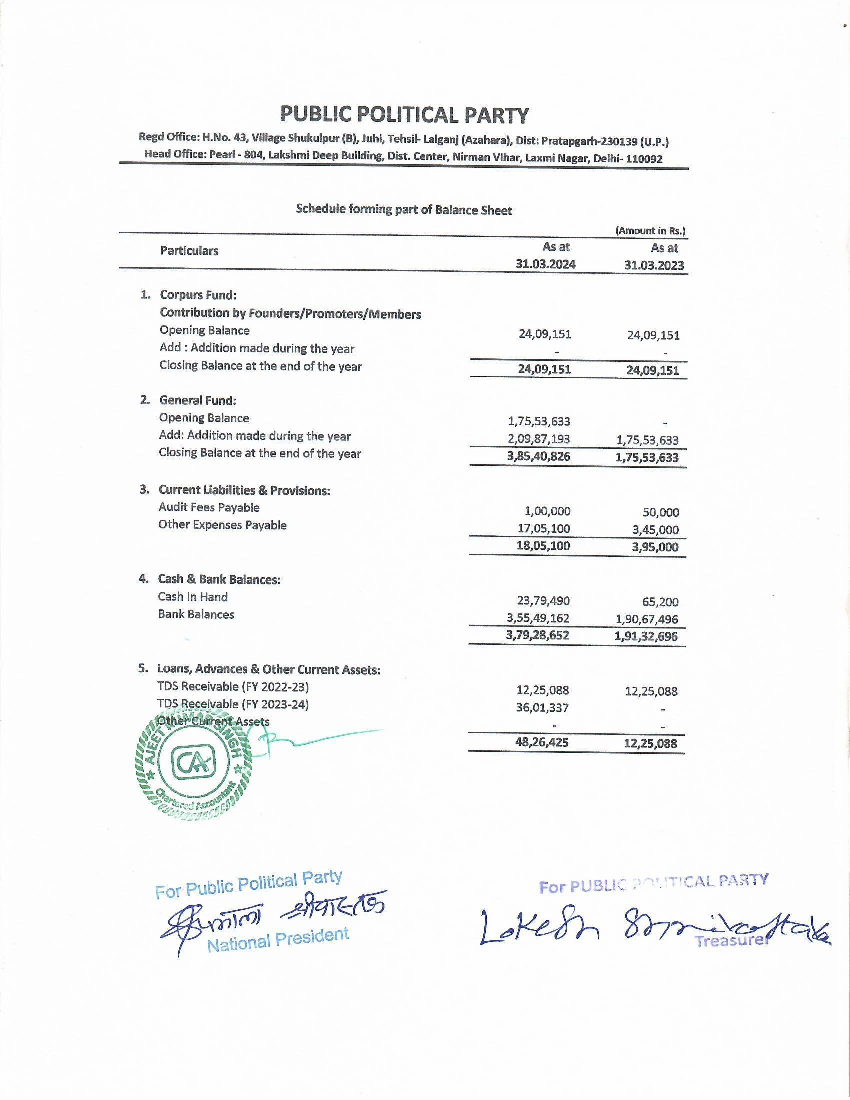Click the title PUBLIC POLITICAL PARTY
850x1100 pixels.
(x=404, y=115)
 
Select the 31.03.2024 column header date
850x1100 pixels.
(x=545, y=265)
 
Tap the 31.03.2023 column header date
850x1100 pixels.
(x=654, y=265)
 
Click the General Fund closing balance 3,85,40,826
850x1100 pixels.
(x=539, y=457)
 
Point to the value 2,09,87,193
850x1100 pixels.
(x=539, y=439)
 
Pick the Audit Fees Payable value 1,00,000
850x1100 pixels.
(x=547, y=511)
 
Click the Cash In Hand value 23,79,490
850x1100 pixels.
(x=543, y=601)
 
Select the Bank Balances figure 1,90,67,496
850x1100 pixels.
(x=646, y=619)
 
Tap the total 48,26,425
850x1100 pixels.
(x=542, y=742)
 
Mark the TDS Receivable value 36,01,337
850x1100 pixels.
(x=542, y=707)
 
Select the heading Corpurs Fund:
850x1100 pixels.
(x=198, y=295)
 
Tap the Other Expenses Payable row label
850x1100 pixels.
(x=222, y=525)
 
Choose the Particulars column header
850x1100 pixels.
(x=189, y=251)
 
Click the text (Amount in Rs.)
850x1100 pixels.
(x=650, y=231)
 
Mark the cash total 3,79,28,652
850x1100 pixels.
(x=538, y=635)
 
